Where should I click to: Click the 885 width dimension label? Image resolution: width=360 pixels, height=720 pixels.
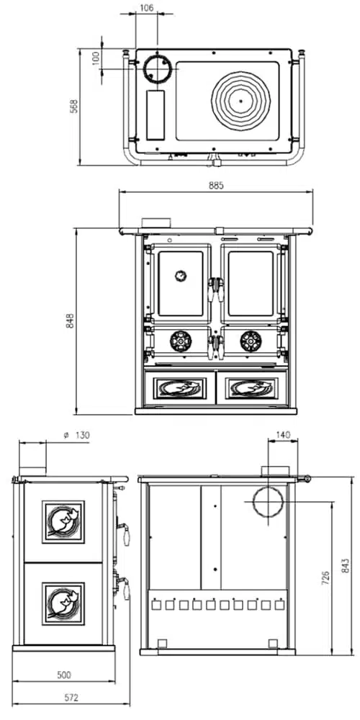216,186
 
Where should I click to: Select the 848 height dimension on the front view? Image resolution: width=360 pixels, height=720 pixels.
70,320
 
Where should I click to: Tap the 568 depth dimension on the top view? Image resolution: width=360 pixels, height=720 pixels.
74,106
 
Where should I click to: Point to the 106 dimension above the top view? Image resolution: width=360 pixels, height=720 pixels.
146,8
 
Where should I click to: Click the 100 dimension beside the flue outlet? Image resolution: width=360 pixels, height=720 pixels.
96,58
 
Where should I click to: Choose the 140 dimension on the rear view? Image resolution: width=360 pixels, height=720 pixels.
283,435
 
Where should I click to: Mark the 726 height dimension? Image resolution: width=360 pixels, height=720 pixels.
325,579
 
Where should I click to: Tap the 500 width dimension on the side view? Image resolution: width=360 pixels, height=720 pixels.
64,675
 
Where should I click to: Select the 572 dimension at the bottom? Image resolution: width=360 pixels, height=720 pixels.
71,698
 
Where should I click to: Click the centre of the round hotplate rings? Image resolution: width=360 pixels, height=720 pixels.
240,101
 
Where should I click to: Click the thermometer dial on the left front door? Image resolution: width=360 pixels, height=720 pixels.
181,276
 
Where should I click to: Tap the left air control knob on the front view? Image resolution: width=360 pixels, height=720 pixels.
181,341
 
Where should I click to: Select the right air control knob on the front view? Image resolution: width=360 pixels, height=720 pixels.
251,341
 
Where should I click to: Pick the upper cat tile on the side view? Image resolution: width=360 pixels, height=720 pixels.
63,522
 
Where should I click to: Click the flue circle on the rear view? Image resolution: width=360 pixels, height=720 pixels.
269,501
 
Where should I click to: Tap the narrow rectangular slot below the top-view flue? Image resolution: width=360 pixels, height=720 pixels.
156,115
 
